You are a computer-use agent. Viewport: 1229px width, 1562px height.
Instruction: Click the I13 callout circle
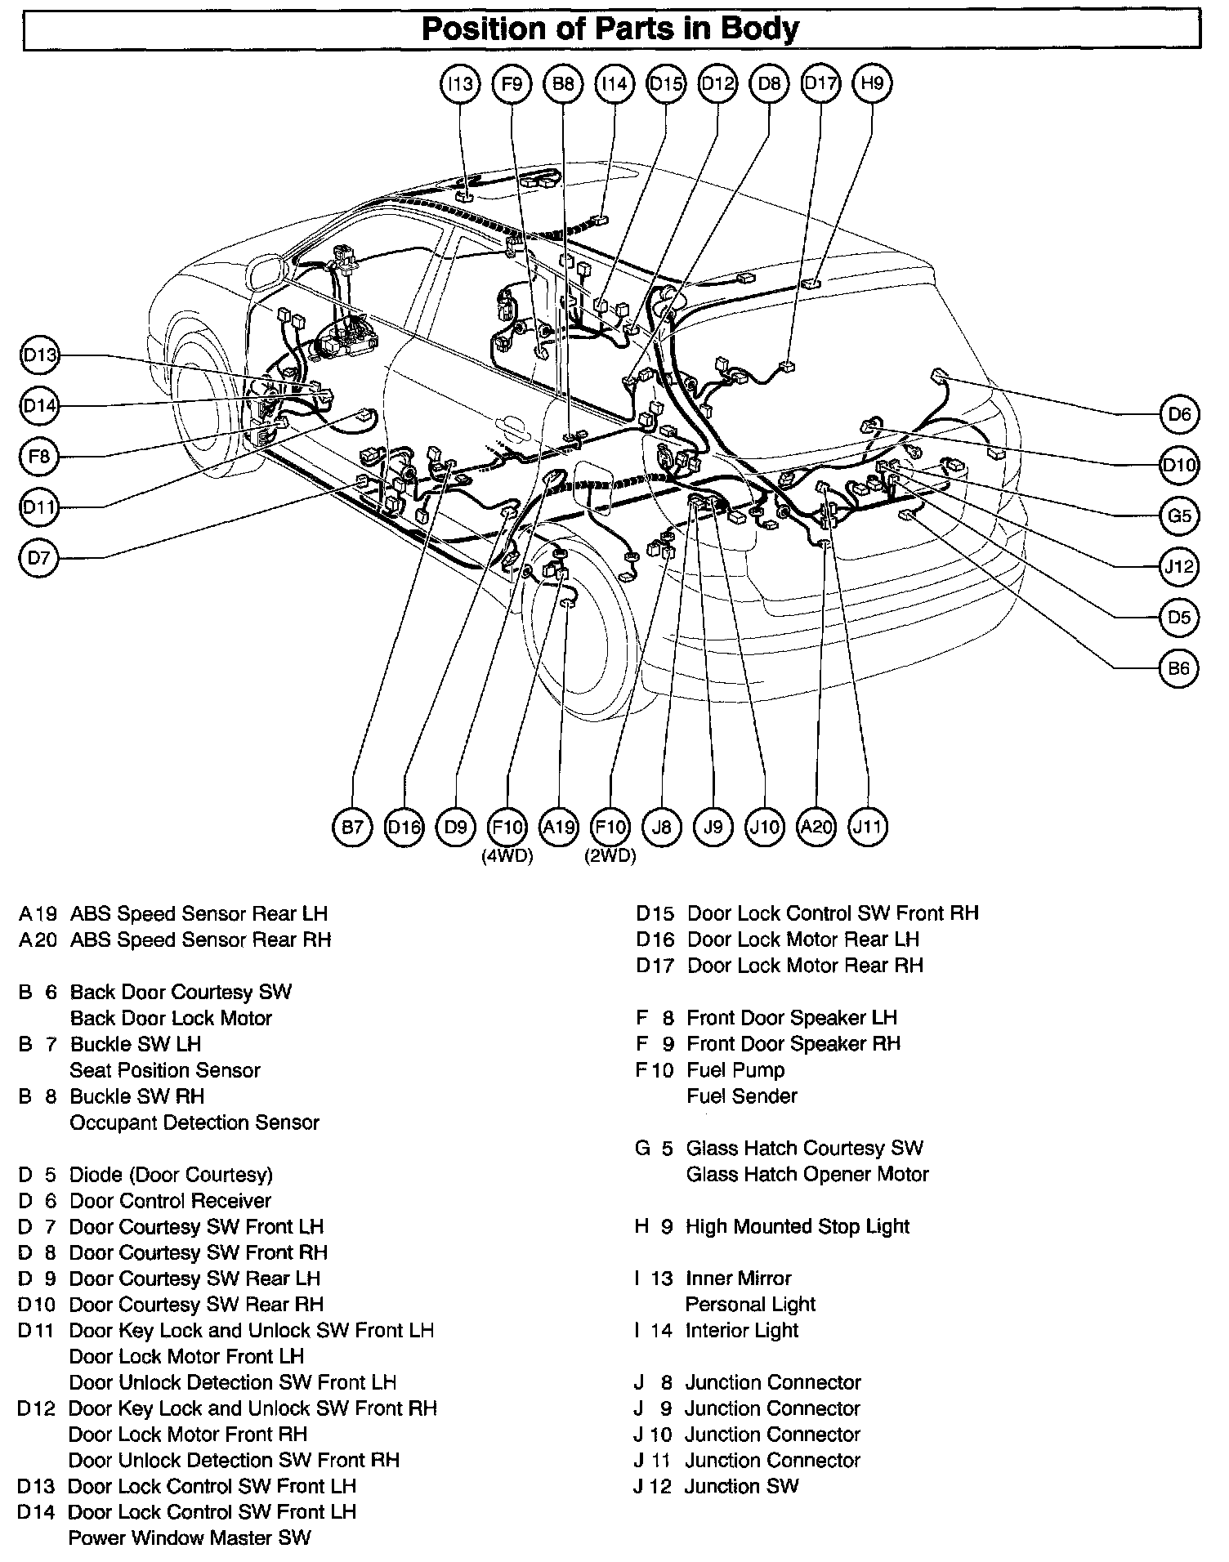coord(460,83)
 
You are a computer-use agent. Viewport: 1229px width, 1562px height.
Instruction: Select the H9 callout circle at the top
coord(872,83)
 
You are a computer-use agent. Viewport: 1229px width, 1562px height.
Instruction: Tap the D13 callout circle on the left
coord(38,355)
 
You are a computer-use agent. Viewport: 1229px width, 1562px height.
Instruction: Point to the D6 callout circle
coord(1179,414)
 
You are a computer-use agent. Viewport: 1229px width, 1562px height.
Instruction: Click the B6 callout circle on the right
coord(1179,669)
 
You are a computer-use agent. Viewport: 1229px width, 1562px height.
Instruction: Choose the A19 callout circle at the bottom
coord(559,828)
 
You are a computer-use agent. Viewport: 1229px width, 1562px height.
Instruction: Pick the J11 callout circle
coord(867,828)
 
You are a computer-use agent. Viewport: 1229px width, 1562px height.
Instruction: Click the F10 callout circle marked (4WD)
coord(507,828)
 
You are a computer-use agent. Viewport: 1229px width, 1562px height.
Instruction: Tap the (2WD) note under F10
coord(610,857)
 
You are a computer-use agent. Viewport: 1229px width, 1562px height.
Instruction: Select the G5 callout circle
coord(1179,516)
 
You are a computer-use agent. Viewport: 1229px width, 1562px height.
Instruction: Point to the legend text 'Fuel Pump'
coord(735,1070)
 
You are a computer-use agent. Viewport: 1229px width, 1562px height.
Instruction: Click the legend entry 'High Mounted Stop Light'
coord(798,1226)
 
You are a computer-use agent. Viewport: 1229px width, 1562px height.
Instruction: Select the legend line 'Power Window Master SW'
coord(190,1537)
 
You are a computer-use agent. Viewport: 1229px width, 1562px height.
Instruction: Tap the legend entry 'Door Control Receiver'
coord(170,1200)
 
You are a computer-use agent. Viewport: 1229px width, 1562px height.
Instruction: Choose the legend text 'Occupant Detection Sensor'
coord(194,1122)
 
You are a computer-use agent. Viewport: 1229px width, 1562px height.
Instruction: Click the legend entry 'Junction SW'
coord(741,1486)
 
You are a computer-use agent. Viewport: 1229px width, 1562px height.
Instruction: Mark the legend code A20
coord(38,939)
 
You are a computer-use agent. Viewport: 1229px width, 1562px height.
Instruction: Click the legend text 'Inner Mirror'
coord(739,1278)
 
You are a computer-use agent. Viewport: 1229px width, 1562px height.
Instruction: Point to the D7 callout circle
coord(38,559)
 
